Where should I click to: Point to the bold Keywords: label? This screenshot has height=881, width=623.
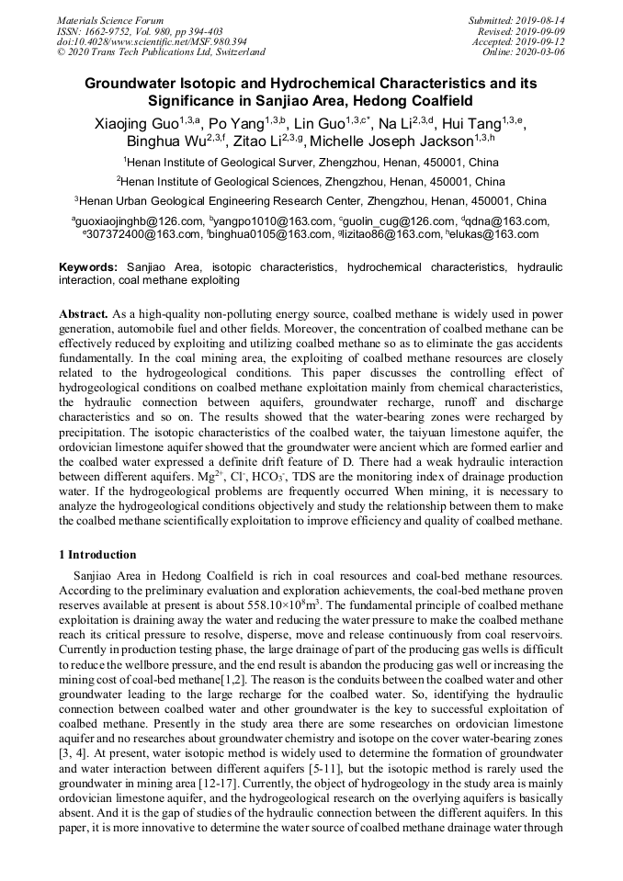89,266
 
